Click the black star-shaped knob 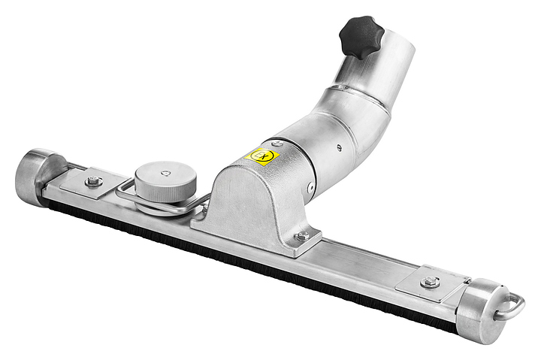tap(361, 35)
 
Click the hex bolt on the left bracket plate tap(93, 180)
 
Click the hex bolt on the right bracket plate tap(430, 282)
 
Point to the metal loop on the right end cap tap(514, 304)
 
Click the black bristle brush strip tap(248, 263)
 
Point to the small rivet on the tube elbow tap(339, 147)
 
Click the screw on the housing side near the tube tap(309, 187)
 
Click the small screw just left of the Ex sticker tap(278, 143)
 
